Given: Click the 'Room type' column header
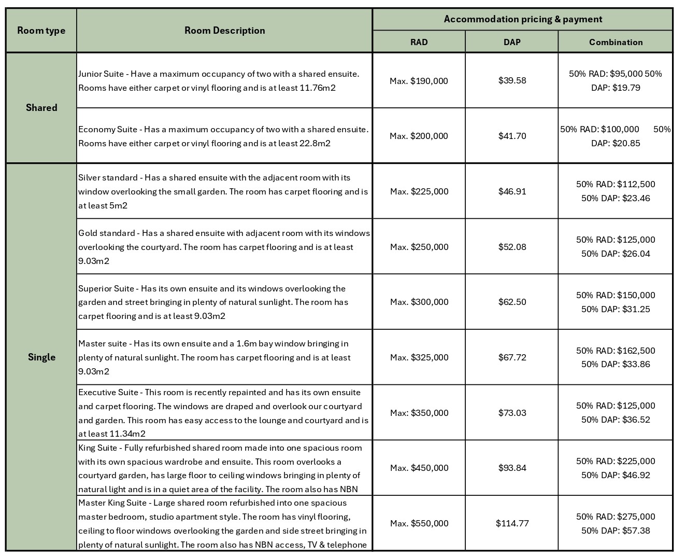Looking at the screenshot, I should point(41,31).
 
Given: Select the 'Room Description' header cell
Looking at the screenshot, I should point(224,31).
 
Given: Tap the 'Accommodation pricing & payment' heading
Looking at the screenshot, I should point(522,19).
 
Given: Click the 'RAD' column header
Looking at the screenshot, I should point(419,42).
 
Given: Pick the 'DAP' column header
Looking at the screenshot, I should point(512,42).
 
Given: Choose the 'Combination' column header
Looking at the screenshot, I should point(616,42).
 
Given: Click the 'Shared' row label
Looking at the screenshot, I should point(41,108).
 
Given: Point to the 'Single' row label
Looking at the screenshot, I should point(41,357).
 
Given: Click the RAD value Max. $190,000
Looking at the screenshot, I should point(419,81).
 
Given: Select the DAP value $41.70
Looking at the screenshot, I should point(512,136).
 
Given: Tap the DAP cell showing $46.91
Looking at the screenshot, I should point(512,191).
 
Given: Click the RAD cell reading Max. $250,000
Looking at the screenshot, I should point(419,247).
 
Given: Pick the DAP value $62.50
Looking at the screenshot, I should point(512,302).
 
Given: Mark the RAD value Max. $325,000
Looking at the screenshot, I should point(419,357).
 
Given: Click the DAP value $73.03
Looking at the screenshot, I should point(512,413).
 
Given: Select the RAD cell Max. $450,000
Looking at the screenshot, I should point(419,468).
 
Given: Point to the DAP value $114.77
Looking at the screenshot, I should point(512,523).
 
